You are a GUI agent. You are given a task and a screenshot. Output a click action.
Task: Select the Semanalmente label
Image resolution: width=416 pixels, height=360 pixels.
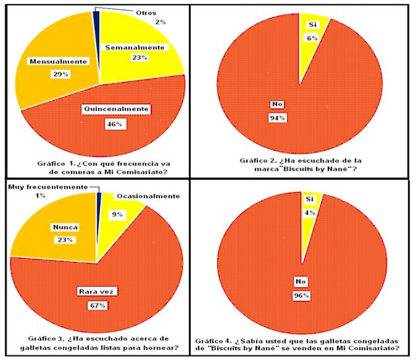[135, 47]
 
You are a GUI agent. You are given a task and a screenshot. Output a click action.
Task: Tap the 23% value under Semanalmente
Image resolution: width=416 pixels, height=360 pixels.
[140, 57]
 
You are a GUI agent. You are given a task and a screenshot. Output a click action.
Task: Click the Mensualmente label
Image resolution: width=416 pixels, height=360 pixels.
[58, 62]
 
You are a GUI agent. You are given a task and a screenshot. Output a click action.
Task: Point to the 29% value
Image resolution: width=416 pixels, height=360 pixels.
[61, 74]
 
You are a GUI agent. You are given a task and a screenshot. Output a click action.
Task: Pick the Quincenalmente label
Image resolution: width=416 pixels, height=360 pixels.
[116, 109]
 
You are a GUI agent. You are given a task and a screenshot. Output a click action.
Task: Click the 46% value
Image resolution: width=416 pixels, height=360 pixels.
[115, 124]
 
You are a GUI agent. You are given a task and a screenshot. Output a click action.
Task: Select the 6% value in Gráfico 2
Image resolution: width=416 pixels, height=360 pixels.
[312, 38]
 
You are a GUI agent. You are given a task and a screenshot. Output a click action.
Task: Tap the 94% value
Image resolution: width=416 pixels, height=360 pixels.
[277, 118]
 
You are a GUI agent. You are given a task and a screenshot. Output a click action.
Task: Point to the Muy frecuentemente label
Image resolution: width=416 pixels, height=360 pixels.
[48, 187]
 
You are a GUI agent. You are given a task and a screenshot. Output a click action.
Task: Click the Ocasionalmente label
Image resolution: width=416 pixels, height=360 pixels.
[148, 196]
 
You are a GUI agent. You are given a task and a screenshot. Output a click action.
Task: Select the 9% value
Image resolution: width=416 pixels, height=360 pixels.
[117, 215]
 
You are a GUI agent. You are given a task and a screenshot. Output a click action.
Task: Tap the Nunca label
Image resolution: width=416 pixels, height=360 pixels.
[65, 227]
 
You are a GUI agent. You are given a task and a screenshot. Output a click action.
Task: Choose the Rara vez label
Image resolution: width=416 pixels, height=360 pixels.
[96, 292]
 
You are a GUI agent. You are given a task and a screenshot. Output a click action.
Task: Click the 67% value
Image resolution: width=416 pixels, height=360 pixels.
[98, 305]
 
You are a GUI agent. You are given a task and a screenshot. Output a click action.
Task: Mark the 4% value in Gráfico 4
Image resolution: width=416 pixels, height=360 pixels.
[309, 213]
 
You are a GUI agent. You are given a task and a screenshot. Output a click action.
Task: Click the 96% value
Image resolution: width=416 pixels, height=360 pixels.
[301, 296]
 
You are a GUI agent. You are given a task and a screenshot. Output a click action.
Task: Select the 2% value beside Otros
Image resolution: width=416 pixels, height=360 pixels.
[161, 22]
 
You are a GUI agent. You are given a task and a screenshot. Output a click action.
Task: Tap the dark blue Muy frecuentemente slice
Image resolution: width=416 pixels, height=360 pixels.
[99, 212]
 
